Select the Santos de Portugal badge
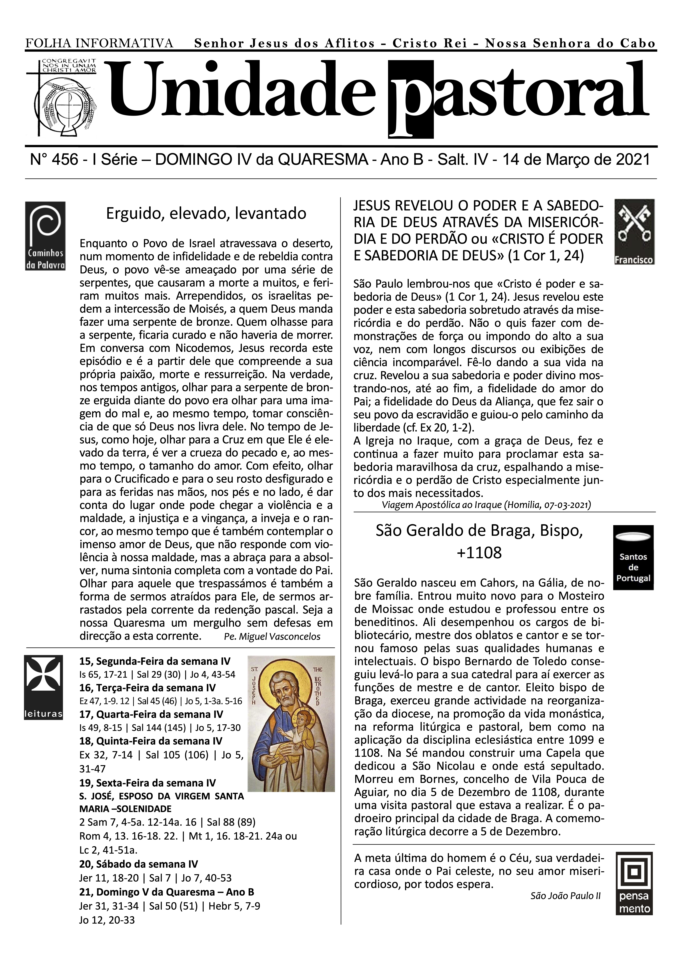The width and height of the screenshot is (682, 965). click(633, 557)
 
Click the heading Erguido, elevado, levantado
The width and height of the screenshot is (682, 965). click(206, 213)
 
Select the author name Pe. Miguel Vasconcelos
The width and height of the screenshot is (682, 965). click(272, 637)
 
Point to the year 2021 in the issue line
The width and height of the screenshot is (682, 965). click(632, 160)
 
